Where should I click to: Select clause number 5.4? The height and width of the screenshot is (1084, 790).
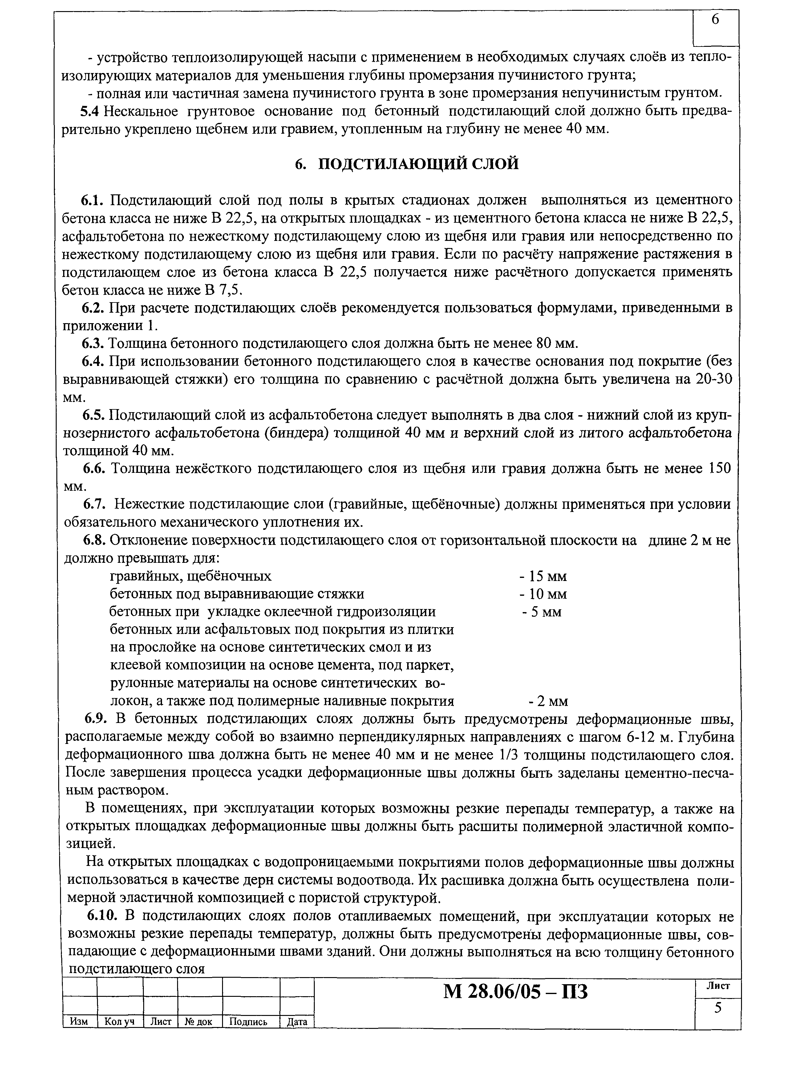89,111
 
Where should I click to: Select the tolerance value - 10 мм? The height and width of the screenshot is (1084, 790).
543,594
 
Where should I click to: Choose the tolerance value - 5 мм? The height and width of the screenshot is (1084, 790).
541,612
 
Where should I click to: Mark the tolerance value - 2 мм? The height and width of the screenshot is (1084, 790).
548,701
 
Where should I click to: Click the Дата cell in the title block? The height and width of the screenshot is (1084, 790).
297,1022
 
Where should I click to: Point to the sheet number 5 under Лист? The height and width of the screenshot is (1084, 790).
717,1009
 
